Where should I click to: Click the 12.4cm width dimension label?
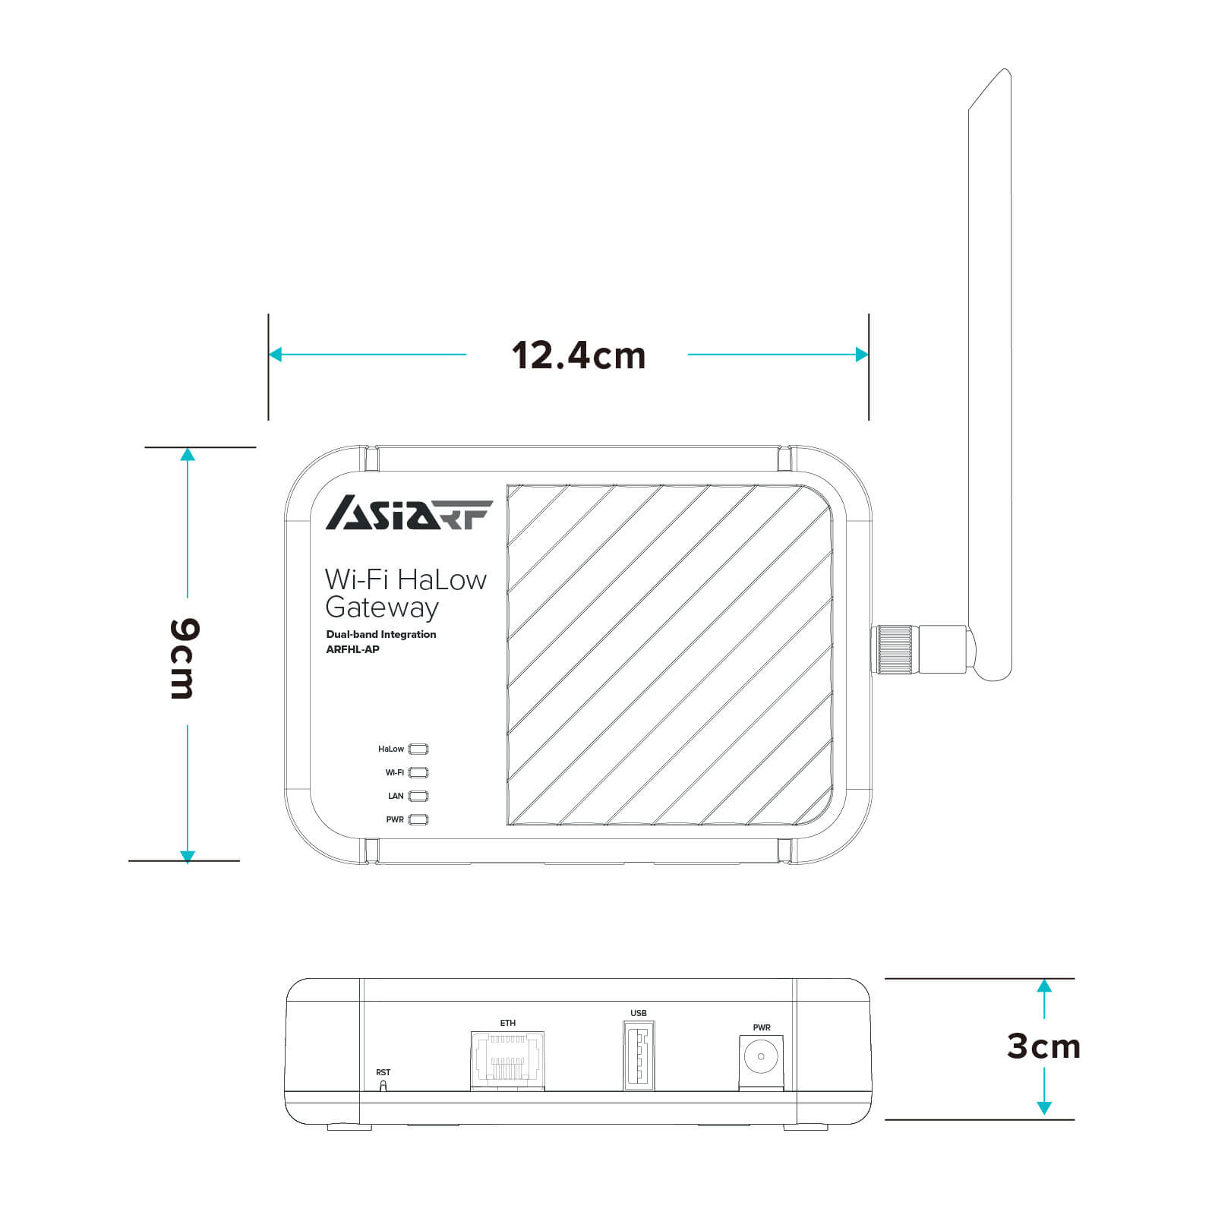point(578,355)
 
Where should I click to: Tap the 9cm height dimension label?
point(185,658)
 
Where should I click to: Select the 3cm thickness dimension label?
point(1043,1046)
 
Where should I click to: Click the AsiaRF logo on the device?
point(409,513)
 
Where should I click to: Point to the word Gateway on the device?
point(381,608)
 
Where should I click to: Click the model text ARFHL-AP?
point(352,649)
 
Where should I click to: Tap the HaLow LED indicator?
point(418,749)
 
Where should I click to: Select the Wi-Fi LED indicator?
point(418,772)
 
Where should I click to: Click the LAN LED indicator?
point(418,796)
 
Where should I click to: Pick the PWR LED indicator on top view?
point(418,819)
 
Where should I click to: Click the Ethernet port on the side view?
point(507,1060)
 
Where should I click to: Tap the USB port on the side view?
point(639,1056)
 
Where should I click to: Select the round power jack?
point(761,1056)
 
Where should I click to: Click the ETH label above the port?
point(507,1023)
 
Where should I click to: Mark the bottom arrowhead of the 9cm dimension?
point(188,857)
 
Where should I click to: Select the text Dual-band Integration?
point(381,634)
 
